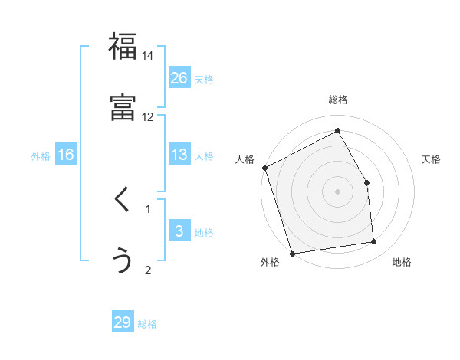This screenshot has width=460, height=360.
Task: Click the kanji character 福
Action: [x=123, y=47]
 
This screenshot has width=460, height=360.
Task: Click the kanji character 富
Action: [x=123, y=108]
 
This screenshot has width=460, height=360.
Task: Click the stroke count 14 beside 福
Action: [x=148, y=56]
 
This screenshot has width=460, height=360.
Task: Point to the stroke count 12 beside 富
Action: [x=148, y=116]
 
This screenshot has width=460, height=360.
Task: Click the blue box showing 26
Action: [x=179, y=77]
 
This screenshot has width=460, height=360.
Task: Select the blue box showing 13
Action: [x=179, y=155]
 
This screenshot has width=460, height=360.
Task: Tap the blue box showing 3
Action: [x=179, y=231]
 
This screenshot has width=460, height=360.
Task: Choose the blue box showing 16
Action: [x=66, y=155]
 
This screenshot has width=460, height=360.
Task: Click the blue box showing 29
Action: [x=123, y=322]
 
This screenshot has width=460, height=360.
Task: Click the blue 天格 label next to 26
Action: [x=204, y=79]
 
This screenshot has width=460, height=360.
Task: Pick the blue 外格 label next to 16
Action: [x=41, y=156]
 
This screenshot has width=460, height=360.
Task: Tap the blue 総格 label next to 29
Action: [x=147, y=324]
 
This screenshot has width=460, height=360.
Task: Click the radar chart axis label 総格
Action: [x=338, y=100]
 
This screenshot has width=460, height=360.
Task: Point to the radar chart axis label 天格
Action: [x=431, y=159]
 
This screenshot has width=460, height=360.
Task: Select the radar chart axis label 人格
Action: [x=245, y=159]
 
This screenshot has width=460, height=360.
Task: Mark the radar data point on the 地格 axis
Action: [x=374, y=242]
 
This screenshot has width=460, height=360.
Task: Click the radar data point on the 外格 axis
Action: [x=292, y=253]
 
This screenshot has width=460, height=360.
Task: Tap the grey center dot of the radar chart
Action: [x=338, y=191]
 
